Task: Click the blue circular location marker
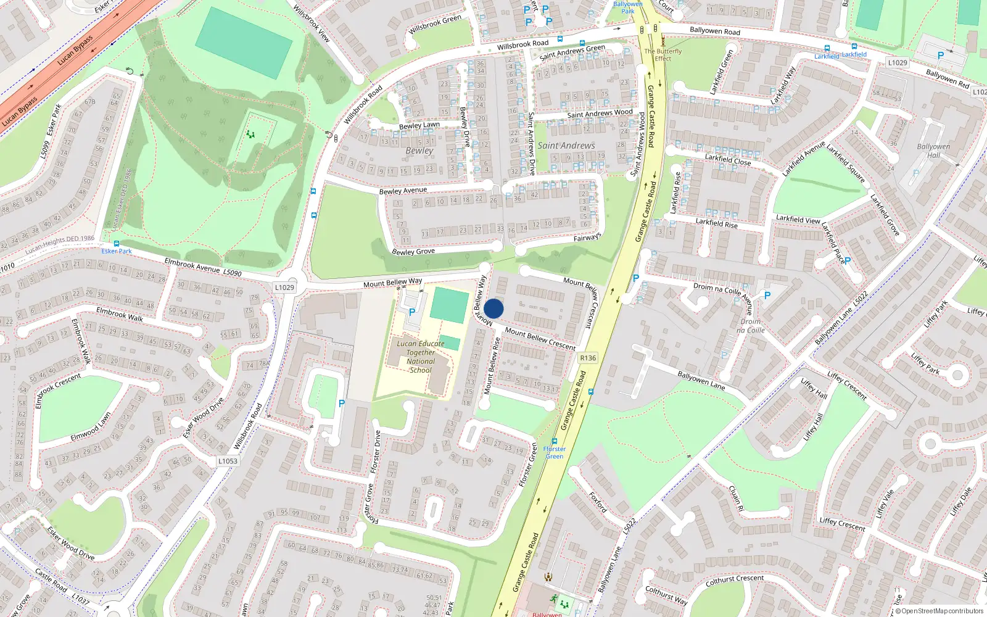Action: (493, 308)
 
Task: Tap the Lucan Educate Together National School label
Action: (421, 357)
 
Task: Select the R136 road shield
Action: (588, 358)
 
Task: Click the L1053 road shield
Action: (228, 461)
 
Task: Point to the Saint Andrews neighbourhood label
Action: (566, 146)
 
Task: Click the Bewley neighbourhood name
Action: (419, 151)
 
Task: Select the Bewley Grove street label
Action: (413, 252)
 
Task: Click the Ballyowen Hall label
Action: (933, 151)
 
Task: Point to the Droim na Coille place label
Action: (750, 326)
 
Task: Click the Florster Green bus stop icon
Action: (555, 442)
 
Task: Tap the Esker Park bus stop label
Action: (117, 251)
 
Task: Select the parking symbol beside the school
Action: (411, 312)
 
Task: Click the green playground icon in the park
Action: (250, 133)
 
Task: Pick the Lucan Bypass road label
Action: (75, 50)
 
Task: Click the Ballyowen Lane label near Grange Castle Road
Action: (701, 380)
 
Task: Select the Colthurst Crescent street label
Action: (734, 581)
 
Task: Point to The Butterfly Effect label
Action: (663, 55)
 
